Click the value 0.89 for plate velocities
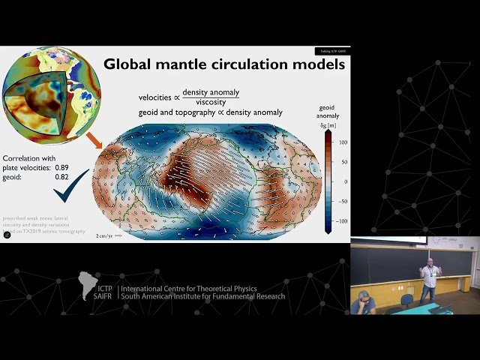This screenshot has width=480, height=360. (63, 167)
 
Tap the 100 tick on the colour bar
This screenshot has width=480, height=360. (343, 142)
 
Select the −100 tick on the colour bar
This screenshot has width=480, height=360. (342, 221)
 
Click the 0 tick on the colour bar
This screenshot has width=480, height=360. (346, 181)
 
